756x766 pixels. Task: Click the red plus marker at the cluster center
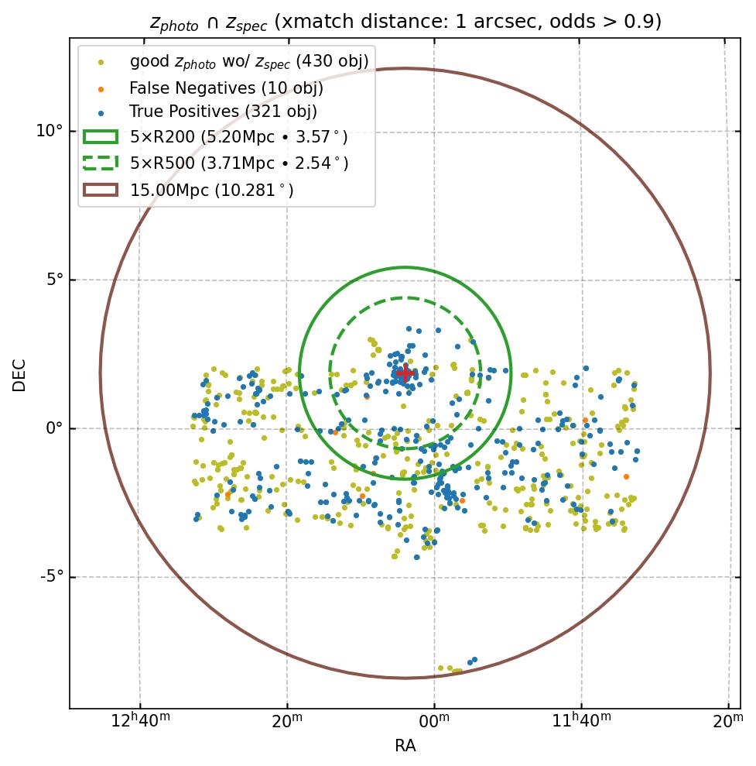point(405,373)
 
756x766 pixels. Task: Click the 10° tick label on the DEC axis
point(49,130)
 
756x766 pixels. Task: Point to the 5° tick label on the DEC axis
point(53,280)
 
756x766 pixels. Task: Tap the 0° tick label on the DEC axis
point(53,428)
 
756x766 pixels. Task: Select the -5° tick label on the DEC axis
point(50,577)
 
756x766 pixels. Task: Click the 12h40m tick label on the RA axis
point(141,723)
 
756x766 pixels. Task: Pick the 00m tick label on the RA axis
point(434,723)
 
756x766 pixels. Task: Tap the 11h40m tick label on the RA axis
point(582,723)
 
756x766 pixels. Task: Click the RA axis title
point(405,746)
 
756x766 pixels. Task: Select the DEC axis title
point(19,374)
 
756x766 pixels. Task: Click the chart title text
point(405,22)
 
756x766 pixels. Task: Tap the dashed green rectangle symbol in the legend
point(101,163)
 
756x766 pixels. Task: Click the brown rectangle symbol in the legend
point(101,189)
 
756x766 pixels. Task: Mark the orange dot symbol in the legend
point(101,88)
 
